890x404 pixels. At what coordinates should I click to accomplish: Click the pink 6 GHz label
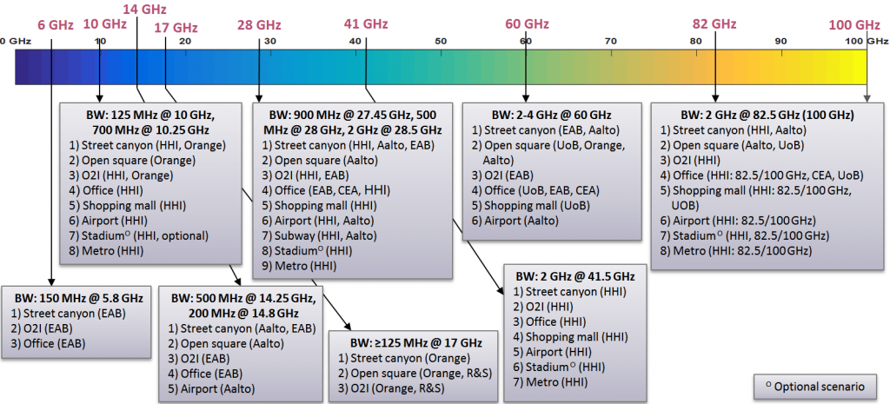(x=55, y=25)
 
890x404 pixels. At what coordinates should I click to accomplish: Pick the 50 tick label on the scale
(x=441, y=41)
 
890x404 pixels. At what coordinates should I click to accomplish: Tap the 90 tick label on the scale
(x=780, y=41)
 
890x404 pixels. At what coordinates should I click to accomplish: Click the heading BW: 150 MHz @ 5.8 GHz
(x=78, y=298)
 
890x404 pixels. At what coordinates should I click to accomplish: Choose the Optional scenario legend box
(x=814, y=384)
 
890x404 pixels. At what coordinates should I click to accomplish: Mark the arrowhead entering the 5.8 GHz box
(x=52, y=281)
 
